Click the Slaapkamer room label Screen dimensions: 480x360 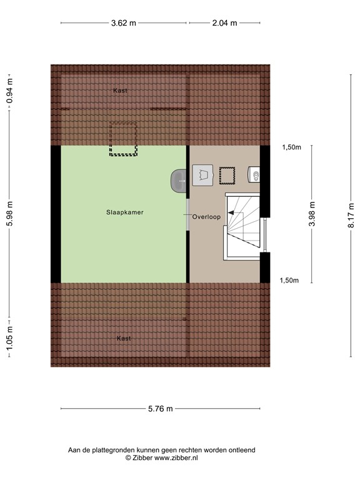tap(124, 212)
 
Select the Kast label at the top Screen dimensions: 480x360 tap(121, 91)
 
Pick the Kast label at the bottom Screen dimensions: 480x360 tap(124, 338)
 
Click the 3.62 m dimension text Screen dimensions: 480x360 tap(123, 23)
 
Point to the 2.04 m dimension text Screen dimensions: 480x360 tap(224, 23)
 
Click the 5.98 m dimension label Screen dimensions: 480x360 tap(9, 214)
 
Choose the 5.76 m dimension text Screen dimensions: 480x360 tap(161, 409)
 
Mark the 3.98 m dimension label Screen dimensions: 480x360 tap(312, 214)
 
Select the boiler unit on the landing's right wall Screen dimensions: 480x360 tap(254, 173)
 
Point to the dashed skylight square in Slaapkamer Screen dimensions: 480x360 tap(123, 139)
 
